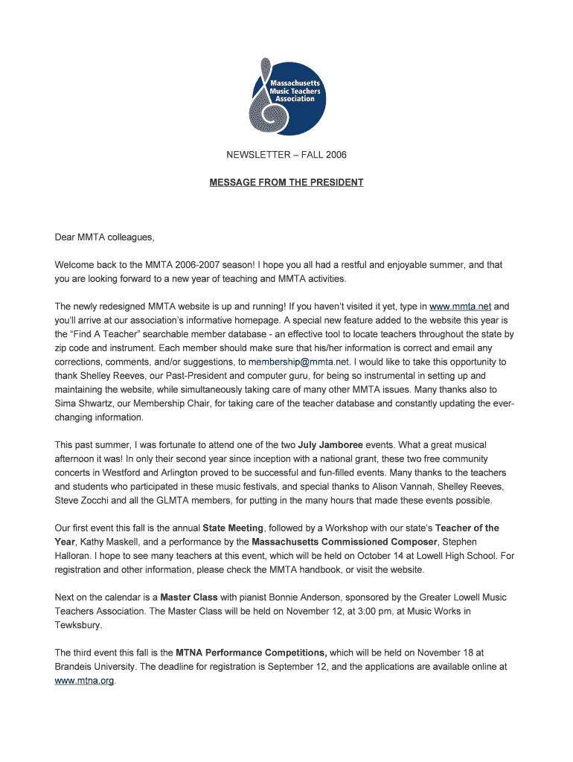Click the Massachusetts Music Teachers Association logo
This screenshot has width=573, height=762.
286,97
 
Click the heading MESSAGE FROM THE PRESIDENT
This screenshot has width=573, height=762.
286,182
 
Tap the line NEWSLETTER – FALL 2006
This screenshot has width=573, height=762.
286,155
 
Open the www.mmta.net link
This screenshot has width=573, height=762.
461,306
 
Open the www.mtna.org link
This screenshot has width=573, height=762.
85,681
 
